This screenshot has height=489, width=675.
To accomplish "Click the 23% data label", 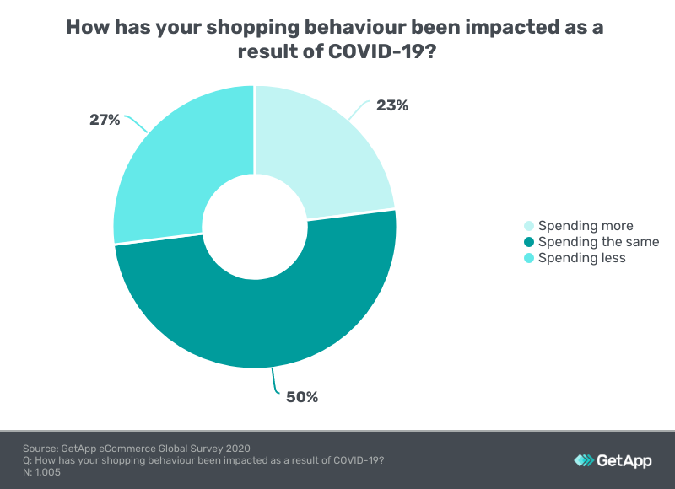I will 392,105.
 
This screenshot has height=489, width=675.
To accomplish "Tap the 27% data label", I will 105,120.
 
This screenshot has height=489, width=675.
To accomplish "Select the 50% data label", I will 301,396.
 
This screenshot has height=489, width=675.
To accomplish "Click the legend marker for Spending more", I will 529,226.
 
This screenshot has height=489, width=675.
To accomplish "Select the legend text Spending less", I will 581,258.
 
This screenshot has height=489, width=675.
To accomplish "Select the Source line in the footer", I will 137,448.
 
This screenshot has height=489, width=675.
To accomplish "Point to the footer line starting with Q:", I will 203,460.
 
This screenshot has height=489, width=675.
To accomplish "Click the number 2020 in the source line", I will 236,448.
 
